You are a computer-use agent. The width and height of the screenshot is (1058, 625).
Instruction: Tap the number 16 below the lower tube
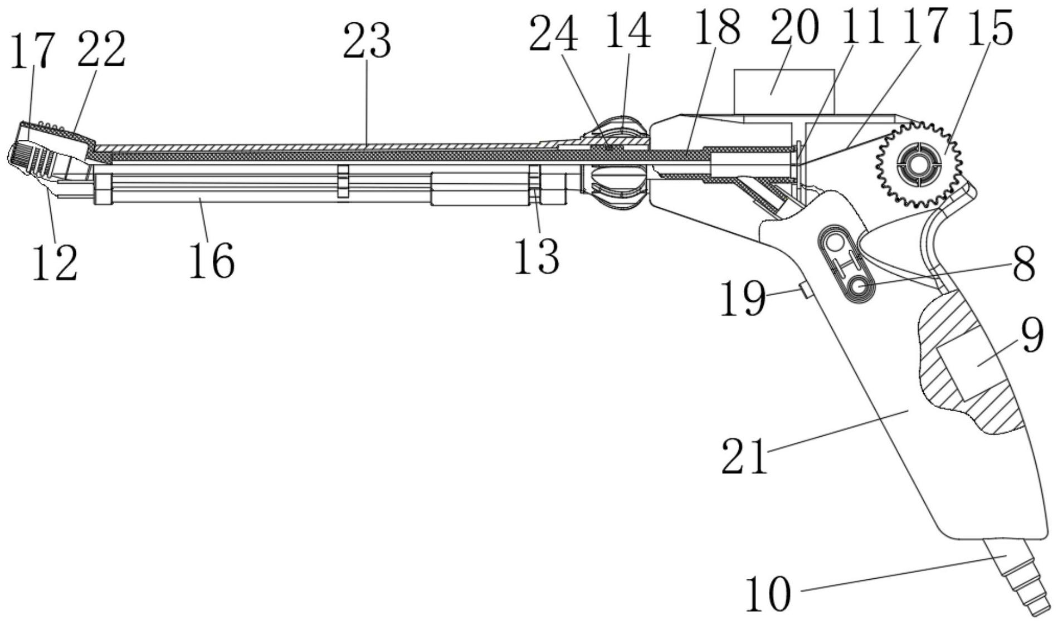tap(212, 260)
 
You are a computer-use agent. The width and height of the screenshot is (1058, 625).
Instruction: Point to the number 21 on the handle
tap(744, 455)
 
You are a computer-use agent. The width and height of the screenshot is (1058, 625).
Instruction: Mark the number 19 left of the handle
tap(743, 298)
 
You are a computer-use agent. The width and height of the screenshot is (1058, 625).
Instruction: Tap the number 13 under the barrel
tap(536, 256)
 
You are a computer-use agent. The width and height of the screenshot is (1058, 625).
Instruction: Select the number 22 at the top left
tap(101, 49)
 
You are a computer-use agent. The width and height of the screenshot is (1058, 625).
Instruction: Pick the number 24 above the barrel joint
tap(553, 33)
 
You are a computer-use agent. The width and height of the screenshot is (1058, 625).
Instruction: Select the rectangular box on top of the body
tap(784, 92)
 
